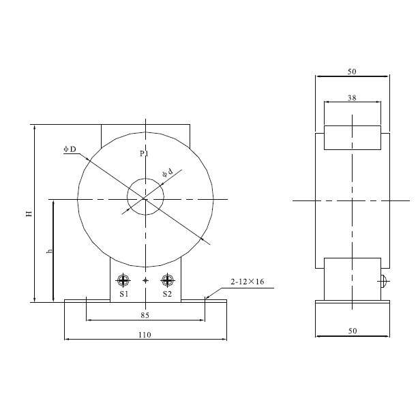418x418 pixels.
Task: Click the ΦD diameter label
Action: [70, 149]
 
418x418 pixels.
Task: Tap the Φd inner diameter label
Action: [168, 173]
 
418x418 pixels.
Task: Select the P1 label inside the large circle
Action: [145, 153]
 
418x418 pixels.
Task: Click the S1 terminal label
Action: [123, 294]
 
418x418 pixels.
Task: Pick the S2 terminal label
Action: [167, 294]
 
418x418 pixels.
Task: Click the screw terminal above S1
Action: [123, 280]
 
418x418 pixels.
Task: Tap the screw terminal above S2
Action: [168, 280]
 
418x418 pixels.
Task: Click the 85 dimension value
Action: [145, 315]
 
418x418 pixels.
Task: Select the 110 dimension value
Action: [145, 335]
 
